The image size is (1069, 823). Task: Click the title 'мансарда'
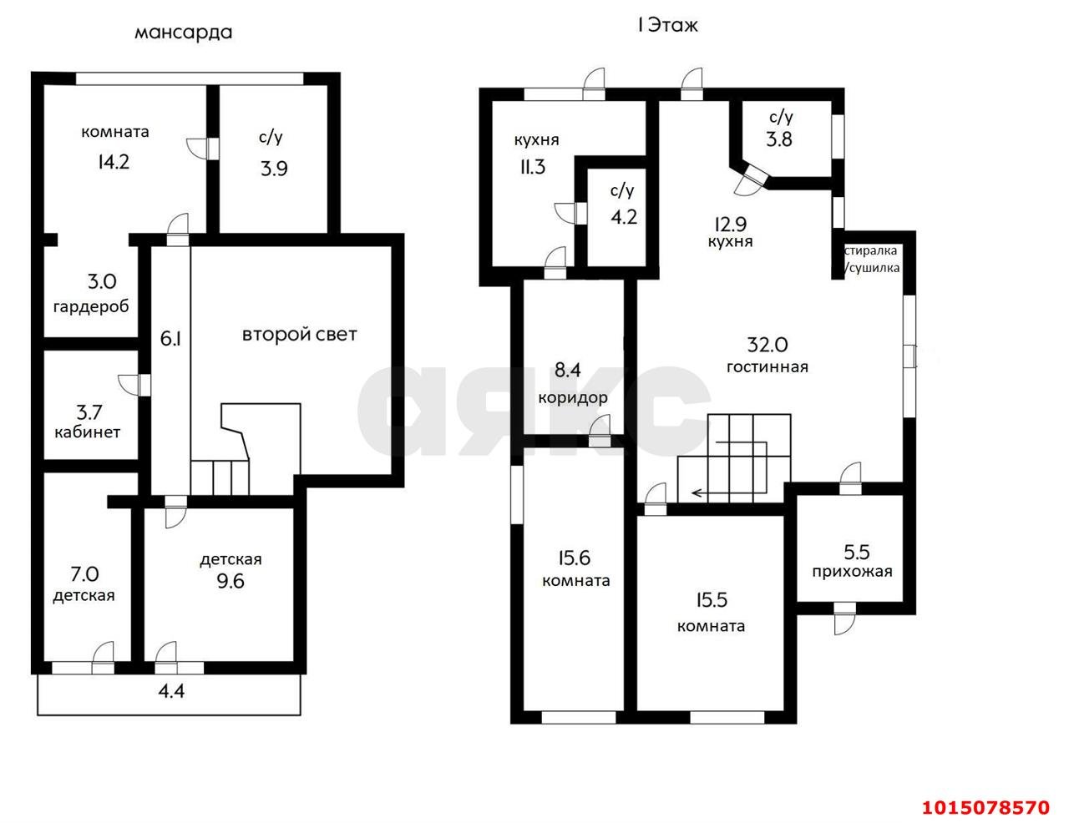[184, 33]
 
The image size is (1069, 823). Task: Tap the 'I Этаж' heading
[668, 25]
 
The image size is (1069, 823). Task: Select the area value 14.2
[114, 162]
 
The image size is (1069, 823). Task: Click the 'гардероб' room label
[91, 307]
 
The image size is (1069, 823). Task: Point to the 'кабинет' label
[87, 432]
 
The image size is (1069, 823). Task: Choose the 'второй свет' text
[300, 335]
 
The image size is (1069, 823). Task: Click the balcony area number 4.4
[171, 691]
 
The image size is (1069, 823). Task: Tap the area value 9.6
[231, 582]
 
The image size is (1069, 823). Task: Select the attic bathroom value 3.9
[274, 169]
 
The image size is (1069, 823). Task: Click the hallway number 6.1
[170, 339]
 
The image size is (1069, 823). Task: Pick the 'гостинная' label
[768, 367]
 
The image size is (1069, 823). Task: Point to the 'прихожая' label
[852, 572]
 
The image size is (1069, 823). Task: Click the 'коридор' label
[573, 397]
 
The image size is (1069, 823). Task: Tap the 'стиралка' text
[871, 250]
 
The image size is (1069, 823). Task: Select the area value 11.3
[533, 167]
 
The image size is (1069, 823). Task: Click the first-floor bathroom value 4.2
[624, 217]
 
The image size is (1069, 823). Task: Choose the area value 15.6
[574, 558]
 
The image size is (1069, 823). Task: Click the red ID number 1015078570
[985, 807]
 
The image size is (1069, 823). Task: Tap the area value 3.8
[779, 139]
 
